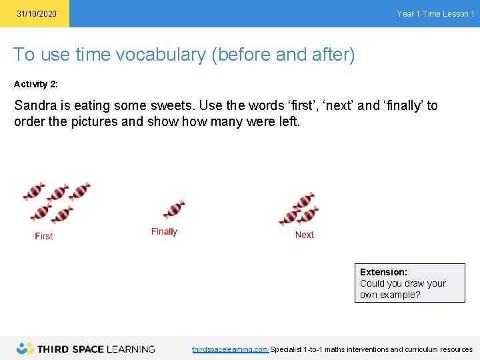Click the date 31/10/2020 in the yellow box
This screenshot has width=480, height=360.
(37, 14)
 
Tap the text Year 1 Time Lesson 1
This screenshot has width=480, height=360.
(435, 14)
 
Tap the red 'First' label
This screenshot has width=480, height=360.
(44, 236)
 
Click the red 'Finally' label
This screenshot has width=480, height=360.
(164, 231)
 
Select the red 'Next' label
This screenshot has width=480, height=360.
(304, 235)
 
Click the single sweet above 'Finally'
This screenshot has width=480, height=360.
(174, 209)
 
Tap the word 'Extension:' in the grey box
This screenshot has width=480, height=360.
(383, 272)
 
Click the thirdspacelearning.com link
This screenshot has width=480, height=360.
(230, 349)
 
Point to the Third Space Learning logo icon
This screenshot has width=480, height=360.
(25, 348)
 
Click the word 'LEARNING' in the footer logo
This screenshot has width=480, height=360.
(130, 349)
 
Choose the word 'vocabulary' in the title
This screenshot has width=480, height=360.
(161, 55)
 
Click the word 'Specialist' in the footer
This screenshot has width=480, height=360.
(286, 349)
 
